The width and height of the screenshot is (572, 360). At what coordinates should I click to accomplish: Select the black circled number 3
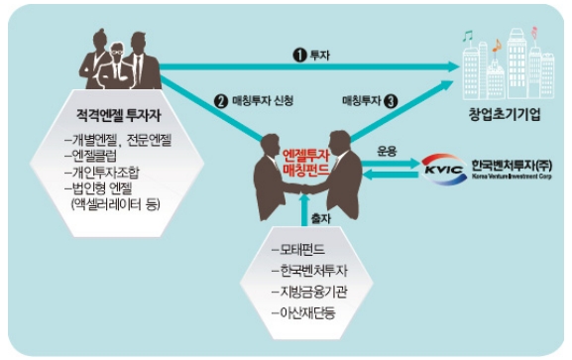(x=392, y=101)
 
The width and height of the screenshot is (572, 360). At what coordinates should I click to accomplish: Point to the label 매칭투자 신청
(x=260, y=101)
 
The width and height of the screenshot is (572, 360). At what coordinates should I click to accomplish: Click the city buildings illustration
(x=501, y=64)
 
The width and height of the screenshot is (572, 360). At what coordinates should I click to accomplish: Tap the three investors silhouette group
(x=117, y=61)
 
